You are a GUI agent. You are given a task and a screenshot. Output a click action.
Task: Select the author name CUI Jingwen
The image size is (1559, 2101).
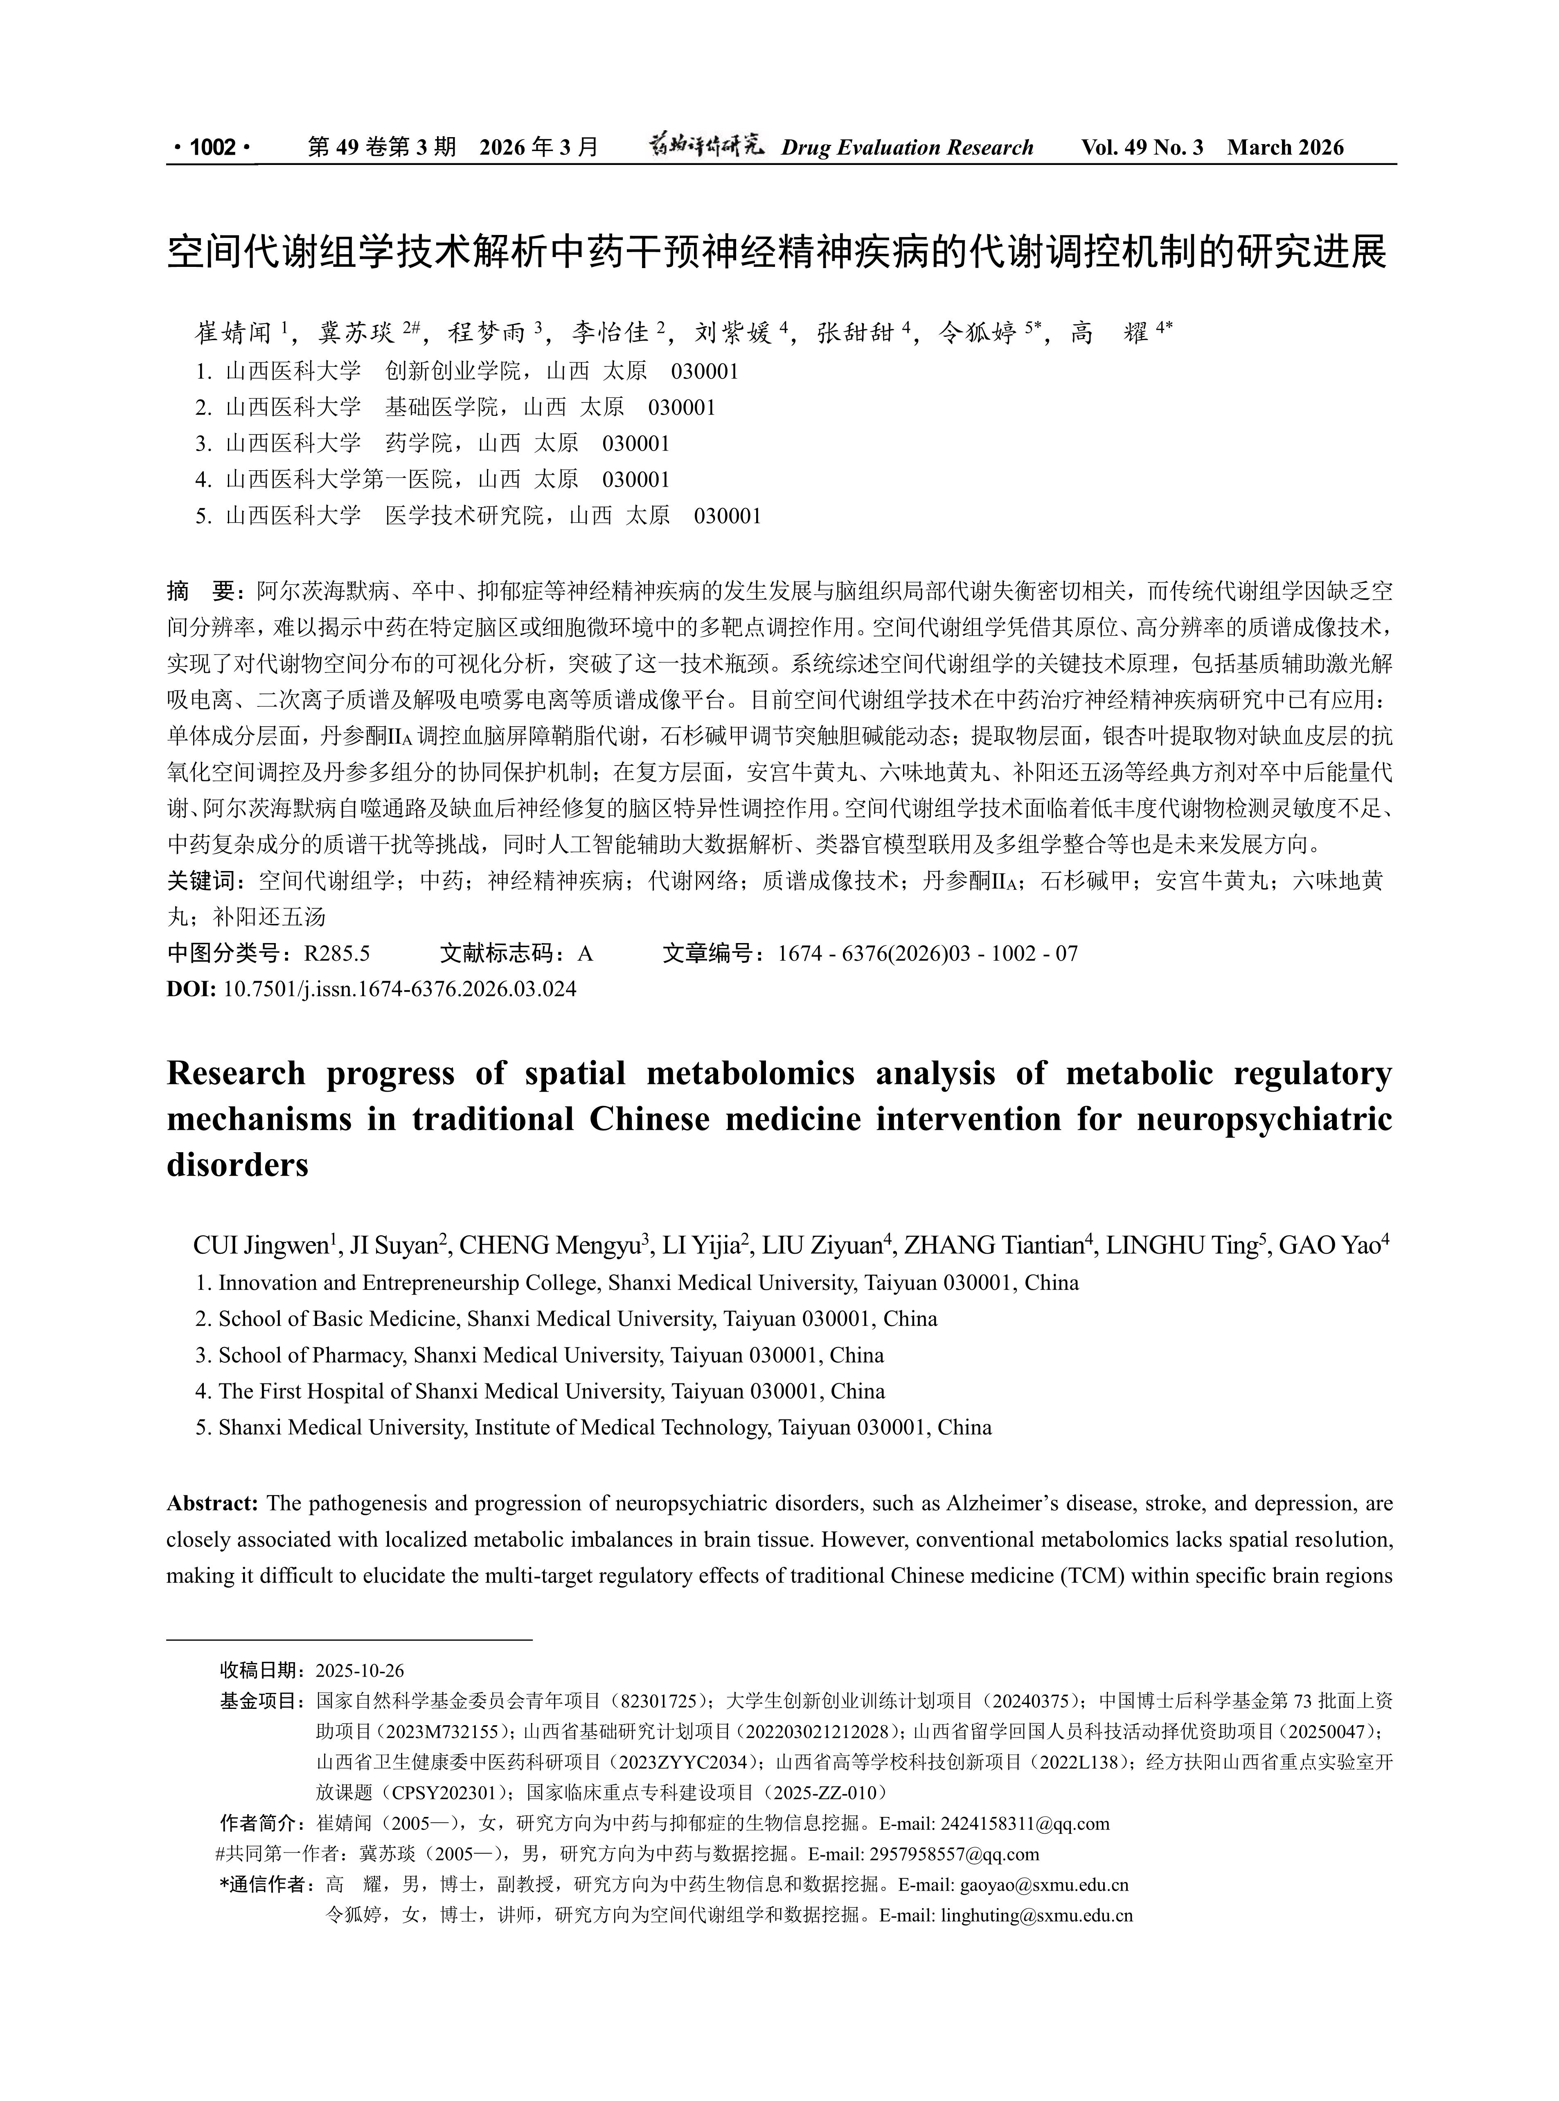pos(259,1246)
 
